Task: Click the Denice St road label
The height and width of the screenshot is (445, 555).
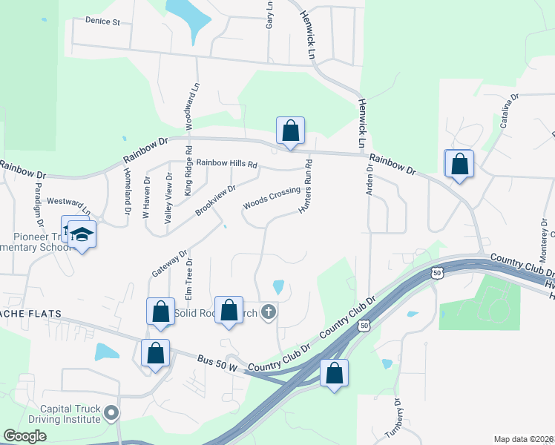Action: pos(102,22)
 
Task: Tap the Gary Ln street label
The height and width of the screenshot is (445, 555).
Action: pos(269,15)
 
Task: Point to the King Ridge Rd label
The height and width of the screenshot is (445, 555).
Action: pos(188,177)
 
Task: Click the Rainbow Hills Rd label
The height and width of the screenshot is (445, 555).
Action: pos(226,164)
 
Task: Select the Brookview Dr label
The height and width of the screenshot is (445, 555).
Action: pos(215,201)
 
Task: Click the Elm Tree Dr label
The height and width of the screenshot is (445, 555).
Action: pos(188,279)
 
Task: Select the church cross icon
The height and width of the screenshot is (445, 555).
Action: pos(269,313)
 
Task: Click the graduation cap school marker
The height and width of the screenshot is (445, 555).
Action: pos(83,234)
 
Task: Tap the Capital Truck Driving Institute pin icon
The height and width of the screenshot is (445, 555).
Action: pos(111,412)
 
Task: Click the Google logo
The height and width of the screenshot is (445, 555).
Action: pos(24,436)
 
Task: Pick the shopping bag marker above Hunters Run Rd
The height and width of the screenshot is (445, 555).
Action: pos(290,131)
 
